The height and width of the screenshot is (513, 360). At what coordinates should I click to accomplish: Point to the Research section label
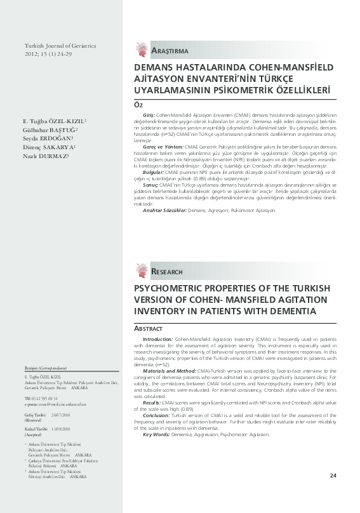[x=168, y=272]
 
